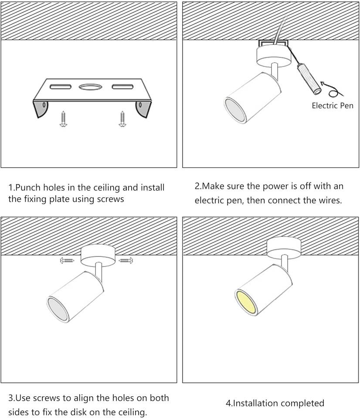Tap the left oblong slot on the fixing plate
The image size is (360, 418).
(61, 87)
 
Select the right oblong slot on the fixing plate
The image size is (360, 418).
(122, 87)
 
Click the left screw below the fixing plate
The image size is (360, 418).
(63, 119)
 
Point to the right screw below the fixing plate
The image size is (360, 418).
(122, 119)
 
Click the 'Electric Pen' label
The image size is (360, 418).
(332, 105)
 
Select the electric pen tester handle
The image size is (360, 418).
(309, 78)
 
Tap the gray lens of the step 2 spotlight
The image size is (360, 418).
(235, 110)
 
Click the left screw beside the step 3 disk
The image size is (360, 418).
(67, 260)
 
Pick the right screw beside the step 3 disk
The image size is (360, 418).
(126, 260)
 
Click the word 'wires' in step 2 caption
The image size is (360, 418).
(330, 200)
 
